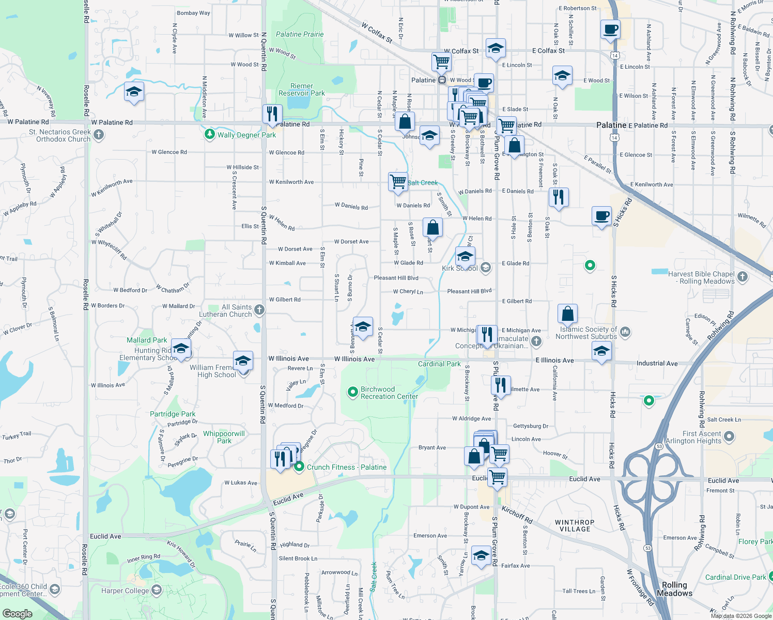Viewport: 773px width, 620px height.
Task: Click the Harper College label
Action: click(125, 591)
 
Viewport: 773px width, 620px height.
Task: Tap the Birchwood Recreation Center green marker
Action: click(353, 393)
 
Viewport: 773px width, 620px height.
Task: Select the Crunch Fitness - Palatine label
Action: click(346, 467)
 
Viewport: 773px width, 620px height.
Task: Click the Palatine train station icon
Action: click(442, 80)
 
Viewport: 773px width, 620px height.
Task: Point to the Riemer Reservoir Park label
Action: click(302, 90)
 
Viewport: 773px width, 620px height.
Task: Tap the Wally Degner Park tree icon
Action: click(209, 134)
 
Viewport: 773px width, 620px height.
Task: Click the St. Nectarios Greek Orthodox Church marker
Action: click(99, 135)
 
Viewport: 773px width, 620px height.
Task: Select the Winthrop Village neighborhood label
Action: click(575, 525)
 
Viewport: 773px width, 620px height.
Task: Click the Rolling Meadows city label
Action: click(674, 589)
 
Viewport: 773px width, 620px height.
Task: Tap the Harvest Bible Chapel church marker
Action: click(743, 277)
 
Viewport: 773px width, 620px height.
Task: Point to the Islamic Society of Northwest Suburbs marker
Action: click(625, 332)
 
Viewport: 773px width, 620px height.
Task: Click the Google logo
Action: click(18, 614)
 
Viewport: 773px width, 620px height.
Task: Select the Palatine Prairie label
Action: click(300, 34)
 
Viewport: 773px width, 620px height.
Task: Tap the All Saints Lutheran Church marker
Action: click(259, 310)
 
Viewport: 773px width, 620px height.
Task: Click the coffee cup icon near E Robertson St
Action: click(610, 29)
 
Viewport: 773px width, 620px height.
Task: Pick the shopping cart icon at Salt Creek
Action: click(398, 181)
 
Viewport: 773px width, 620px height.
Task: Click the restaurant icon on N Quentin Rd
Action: click(272, 114)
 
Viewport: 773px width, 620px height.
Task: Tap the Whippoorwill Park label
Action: click(224, 437)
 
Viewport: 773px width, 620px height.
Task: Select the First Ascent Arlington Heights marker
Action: click(729, 437)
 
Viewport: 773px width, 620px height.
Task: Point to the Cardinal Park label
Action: click(439, 364)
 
